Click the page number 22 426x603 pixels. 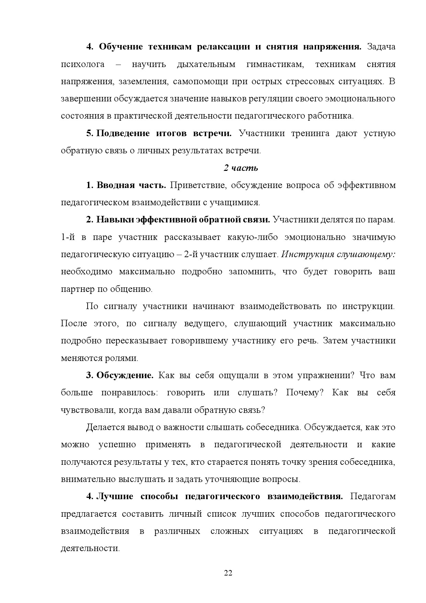(228, 573)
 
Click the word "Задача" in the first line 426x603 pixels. (381, 47)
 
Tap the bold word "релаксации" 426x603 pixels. (223, 47)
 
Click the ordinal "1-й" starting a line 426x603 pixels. (68, 237)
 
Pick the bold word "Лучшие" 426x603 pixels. (115, 496)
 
